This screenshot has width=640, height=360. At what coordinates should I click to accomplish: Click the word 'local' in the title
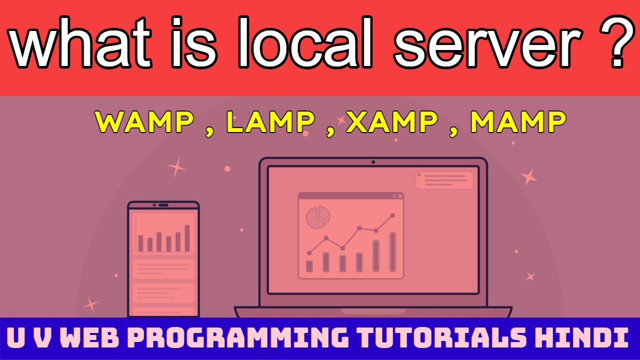tap(305, 42)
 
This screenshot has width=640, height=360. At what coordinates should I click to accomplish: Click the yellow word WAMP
tap(144, 122)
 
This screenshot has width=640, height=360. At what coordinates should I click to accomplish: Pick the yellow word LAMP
tap(270, 122)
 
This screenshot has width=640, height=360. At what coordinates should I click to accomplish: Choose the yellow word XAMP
tap(391, 122)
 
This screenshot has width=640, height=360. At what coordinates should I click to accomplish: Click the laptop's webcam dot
tap(373, 162)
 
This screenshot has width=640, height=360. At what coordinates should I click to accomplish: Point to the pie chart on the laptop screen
tap(317, 217)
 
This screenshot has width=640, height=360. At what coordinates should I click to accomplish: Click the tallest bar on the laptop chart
tap(392, 252)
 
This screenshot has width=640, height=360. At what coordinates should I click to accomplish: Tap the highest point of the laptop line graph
tap(393, 215)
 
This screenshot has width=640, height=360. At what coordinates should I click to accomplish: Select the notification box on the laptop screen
tap(444, 180)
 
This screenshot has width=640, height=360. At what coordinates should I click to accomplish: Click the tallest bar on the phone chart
tap(187, 238)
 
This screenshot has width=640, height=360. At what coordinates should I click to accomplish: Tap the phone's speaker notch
tap(163, 205)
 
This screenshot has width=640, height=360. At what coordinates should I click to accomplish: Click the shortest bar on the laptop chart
tap(309, 266)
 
